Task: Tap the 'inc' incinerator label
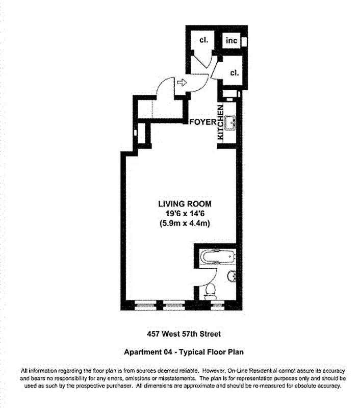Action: click(x=232, y=41)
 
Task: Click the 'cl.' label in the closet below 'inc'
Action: click(x=234, y=73)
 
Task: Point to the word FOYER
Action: click(x=202, y=122)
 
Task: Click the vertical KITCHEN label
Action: click(x=221, y=123)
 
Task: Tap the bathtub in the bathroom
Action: click(x=218, y=256)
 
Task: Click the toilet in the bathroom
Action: click(x=210, y=291)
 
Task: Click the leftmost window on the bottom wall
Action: click(x=146, y=306)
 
